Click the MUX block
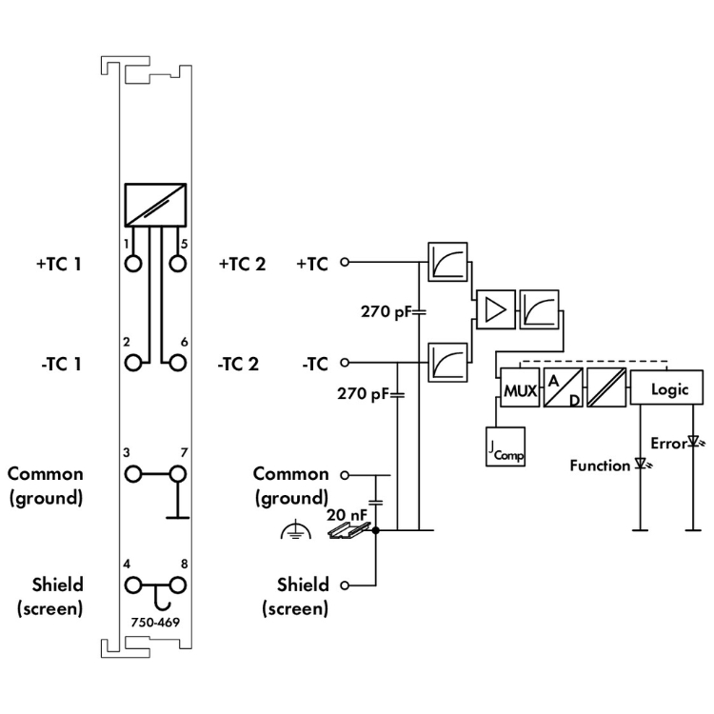[519, 389]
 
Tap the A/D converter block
[562, 389]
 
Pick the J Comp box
[506, 446]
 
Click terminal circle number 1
[132, 262]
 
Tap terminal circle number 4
[132, 585]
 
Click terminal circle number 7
[176, 473]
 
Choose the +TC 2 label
[244, 264]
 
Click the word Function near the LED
[600, 466]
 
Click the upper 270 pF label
[387, 311]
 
